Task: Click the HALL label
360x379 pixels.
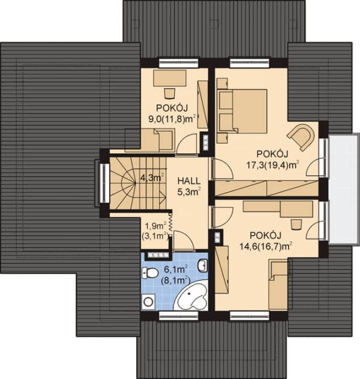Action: pyautogui.click(x=189, y=181)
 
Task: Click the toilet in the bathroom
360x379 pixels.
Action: pyautogui.click(x=150, y=273)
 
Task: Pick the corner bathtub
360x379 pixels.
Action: pyautogui.click(x=191, y=295)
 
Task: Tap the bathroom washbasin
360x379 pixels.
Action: pyautogui.click(x=203, y=265)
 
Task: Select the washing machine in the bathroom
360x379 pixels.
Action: pyautogui.click(x=147, y=301)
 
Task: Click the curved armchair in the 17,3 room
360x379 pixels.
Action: pyautogui.click(x=302, y=137)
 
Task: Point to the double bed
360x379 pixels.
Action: pyautogui.click(x=242, y=111)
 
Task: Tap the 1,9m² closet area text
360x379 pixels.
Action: pyautogui.click(x=156, y=226)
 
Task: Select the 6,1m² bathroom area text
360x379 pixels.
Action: pyautogui.click(x=176, y=269)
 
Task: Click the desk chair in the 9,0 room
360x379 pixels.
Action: pyautogui.click(x=170, y=93)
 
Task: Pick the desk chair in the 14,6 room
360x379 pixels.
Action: pyautogui.click(x=296, y=224)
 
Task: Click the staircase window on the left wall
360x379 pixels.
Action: pyautogui.click(x=104, y=183)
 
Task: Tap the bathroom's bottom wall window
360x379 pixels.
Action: pyautogui.click(x=179, y=315)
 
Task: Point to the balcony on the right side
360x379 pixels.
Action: pyautogui.click(x=344, y=189)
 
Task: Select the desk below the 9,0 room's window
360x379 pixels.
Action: pyautogui.click(x=170, y=78)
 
